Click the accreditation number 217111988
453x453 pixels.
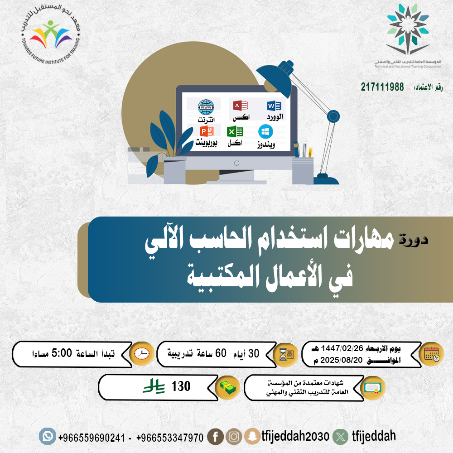[x=382, y=87]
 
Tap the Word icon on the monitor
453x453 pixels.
[x=274, y=106]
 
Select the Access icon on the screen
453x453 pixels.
[x=241, y=106]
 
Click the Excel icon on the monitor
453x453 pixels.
[x=235, y=132]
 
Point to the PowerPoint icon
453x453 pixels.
[x=207, y=131]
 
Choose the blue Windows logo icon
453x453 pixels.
[x=265, y=132]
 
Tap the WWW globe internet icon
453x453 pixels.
[x=206, y=107]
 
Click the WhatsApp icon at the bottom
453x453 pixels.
[x=48, y=436]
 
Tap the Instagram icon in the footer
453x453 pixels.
[x=234, y=437]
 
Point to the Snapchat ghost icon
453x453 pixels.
[x=252, y=436]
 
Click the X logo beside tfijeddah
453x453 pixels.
[x=341, y=437]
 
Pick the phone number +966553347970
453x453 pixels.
[x=170, y=438]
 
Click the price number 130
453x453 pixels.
[x=181, y=386]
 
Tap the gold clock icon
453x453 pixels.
[x=141, y=354]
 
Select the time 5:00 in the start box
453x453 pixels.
[x=62, y=353]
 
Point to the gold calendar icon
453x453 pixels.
[x=432, y=354]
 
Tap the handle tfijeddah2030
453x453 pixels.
[x=295, y=436]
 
